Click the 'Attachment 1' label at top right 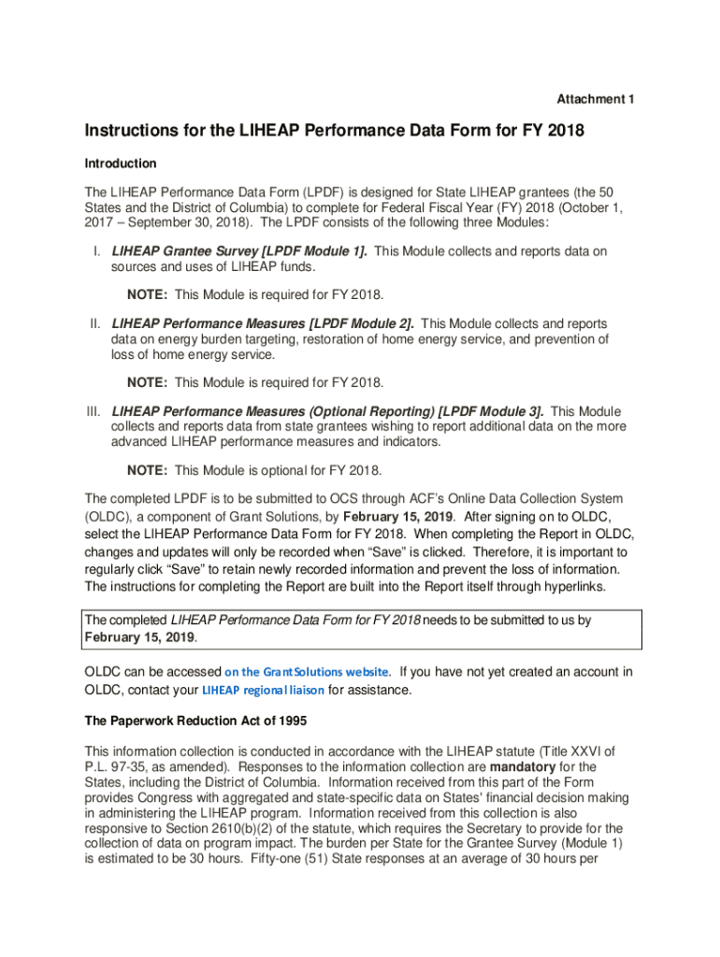click(x=596, y=99)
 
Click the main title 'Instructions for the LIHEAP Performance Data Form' click(x=334, y=132)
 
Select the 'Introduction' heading click(x=121, y=164)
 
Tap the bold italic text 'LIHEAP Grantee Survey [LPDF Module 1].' click(x=239, y=251)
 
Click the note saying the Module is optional click(x=254, y=470)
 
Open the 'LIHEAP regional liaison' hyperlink click(x=264, y=692)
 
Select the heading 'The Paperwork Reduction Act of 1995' click(x=195, y=721)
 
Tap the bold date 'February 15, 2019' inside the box click(x=140, y=637)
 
